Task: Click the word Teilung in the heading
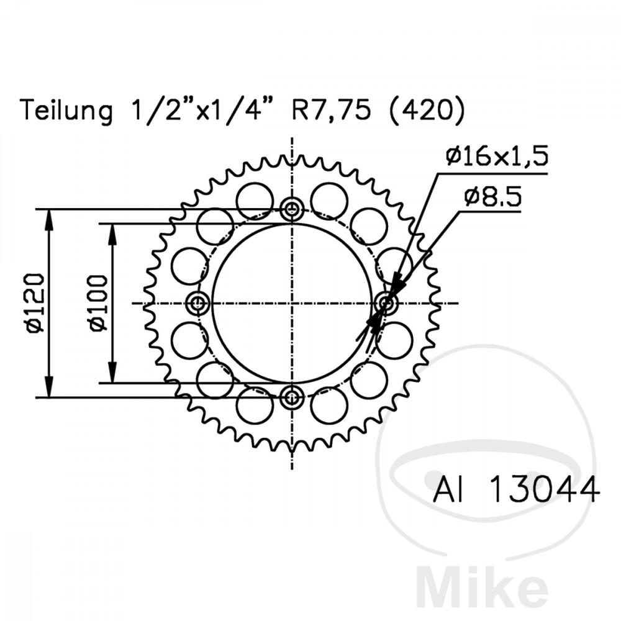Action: coord(67,111)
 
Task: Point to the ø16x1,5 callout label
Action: coord(497,156)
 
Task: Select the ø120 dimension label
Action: coord(35,302)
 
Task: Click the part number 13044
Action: coord(545,489)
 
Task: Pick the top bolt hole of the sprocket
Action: coord(292,209)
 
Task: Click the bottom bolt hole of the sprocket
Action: coord(292,397)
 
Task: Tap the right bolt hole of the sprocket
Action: coord(386,303)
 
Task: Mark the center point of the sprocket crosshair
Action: coord(292,303)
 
